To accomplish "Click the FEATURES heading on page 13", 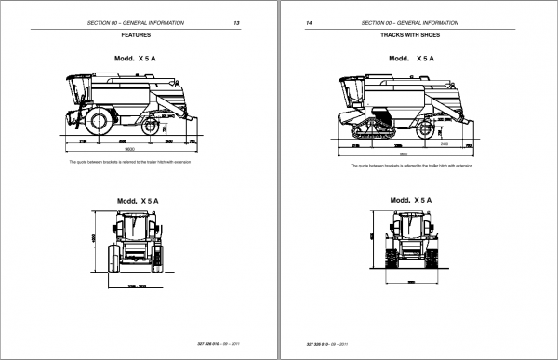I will (x=137, y=35).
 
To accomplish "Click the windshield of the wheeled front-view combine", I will (x=136, y=222).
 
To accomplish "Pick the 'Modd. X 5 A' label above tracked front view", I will (x=410, y=200).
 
